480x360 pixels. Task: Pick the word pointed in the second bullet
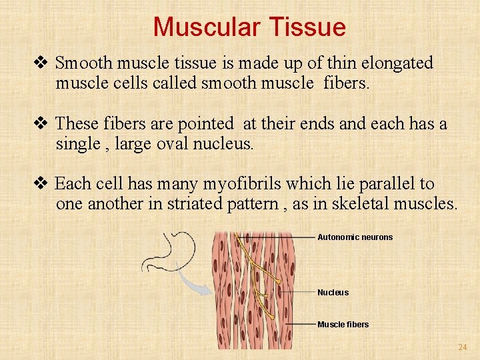point(208,124)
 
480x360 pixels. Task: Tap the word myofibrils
point(238,184)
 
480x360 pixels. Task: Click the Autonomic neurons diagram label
point(355,237)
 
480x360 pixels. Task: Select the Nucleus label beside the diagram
point(333,292)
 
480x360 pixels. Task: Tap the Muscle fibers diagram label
point(343,324)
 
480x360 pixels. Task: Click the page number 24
point(462,347)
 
